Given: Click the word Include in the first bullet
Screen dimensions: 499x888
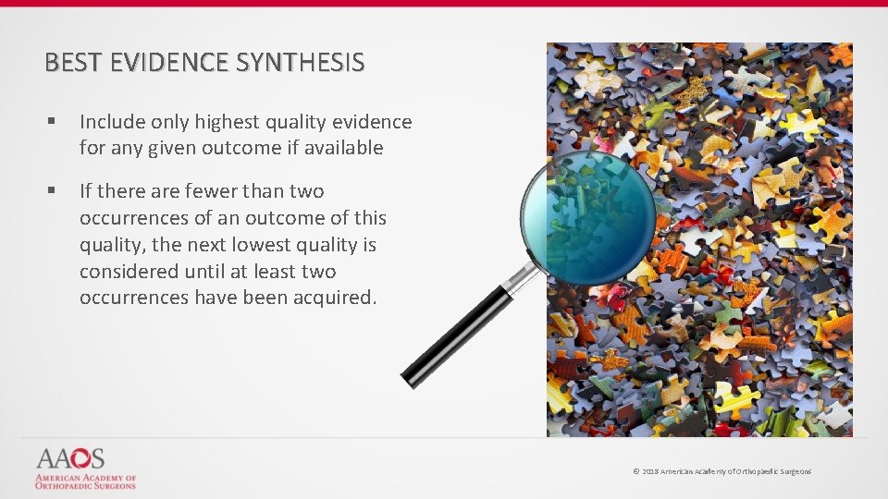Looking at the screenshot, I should [x=112, y=122].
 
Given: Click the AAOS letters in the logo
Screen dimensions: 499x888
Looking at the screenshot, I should [x=71, y=459].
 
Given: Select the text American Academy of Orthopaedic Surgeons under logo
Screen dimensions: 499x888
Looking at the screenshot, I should [x=85, y=481].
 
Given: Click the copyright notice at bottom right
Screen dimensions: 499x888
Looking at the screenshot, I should [x=721, y=471].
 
